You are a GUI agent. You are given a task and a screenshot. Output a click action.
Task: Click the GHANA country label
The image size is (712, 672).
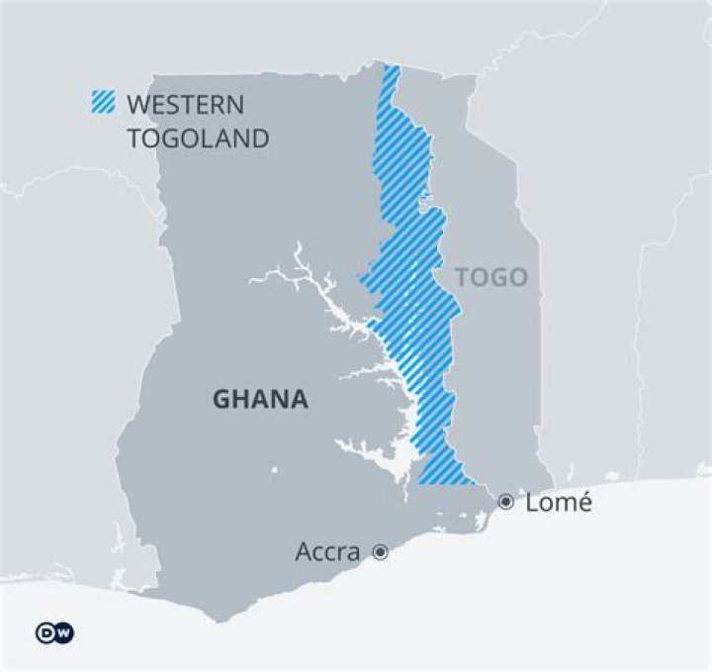pyautogui.click(x=260, y=400)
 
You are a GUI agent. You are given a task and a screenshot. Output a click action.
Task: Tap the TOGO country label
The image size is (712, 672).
pyautogui.click(x=491, y=278)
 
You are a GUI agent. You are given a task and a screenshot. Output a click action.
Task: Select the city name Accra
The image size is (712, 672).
pyautogui.click(x=327, y=552)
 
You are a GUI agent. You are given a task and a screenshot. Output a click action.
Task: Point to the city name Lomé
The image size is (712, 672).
pyautogui.click(x=558, y=502)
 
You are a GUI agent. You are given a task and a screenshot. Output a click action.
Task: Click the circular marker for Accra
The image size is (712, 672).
pyautogui.click(x=380, y=552)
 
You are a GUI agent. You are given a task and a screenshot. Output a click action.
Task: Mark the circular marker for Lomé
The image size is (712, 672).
pyautogui.click(x=506, y=502)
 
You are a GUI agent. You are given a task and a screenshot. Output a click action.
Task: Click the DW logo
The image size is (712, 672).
pyautogui.click(x=54, y=632)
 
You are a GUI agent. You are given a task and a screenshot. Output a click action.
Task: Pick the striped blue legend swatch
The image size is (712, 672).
pyautogui.click(x=103, y=103)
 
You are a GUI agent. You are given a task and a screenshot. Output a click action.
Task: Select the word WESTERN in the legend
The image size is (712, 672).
pyautogui.click(x=185, y=105)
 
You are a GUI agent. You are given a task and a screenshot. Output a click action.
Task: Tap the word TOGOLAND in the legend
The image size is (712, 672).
pyautogui.click(x=198, y=138)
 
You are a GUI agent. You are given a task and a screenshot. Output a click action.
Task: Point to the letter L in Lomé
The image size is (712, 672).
pyautogui.click(x=532, y=502)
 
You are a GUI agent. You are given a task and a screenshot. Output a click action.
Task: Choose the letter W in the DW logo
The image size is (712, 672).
pyautogui.click(x=63, y=632)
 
